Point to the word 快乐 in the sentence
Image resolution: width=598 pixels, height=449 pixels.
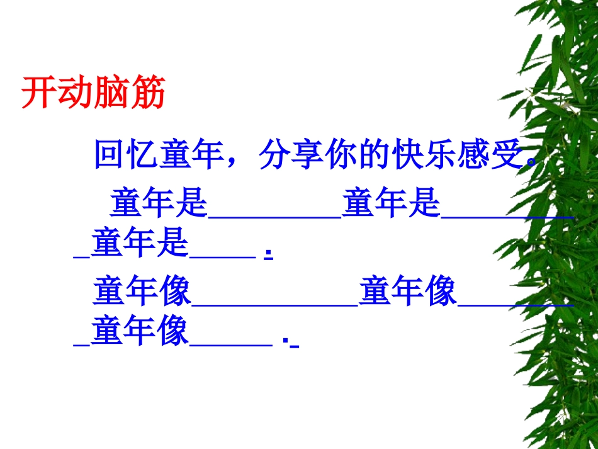[422, 155]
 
